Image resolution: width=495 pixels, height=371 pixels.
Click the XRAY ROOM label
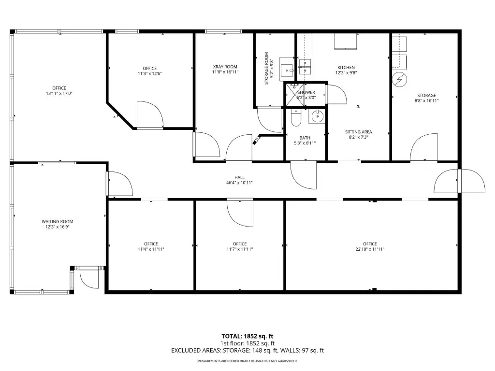click(x=225, y=67)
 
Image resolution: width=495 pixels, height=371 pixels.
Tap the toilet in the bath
click(x=296, y=117)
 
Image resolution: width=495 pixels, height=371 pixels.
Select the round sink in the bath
click(x=317, y=117)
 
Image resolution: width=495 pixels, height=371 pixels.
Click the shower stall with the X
click(x=294, y=95)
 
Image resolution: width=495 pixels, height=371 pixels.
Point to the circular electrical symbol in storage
click(x=399, y=80)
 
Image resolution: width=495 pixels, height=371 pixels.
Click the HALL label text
click(x=239, y=177)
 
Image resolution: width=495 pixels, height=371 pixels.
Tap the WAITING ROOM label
click(x=58, y=221)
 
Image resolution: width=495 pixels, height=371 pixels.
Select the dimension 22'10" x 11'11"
click(x=370, y=249)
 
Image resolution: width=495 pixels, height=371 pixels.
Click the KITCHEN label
click(x=346, y=67)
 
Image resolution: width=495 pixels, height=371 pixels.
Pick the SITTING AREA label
click(x=358, y=132)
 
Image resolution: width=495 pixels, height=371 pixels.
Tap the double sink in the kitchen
click(x=305, y=67)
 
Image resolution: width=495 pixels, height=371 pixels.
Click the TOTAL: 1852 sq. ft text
click(x=247, y=336)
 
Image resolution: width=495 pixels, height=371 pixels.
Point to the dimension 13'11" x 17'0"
click(x=59, y=93)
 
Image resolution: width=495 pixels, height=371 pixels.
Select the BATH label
click(x=305, y=138)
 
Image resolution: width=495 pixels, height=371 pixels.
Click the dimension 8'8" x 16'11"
click(x=426, y=100)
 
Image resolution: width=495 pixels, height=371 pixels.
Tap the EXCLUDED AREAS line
click(x=247, y=351)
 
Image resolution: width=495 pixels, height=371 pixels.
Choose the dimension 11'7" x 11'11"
click(x=240, y=249)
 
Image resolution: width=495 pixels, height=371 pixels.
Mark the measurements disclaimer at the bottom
click(x=247, y=361)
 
